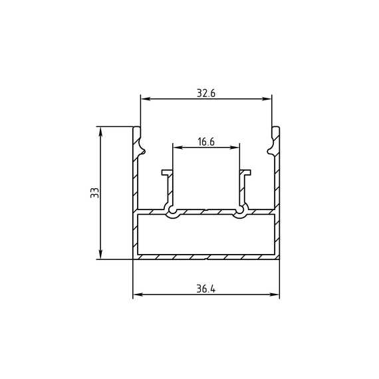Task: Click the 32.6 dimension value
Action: pyautogui.click(x=206, y=93)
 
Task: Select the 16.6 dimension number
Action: pyautogui.click(x=206, y=142)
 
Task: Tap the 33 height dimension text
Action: pyautogui.click(x=94, y=193)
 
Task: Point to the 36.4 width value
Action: pyautogui.click(x=205, y=289)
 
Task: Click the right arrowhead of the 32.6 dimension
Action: pyautogui.click(x=267, y=99)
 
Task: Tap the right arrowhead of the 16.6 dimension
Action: pyautogui.click(x=235, y=148)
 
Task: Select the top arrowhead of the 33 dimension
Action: pyautogui.click(x=101, y=132)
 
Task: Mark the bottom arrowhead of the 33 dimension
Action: pyautogui.click(x=101, y=254)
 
